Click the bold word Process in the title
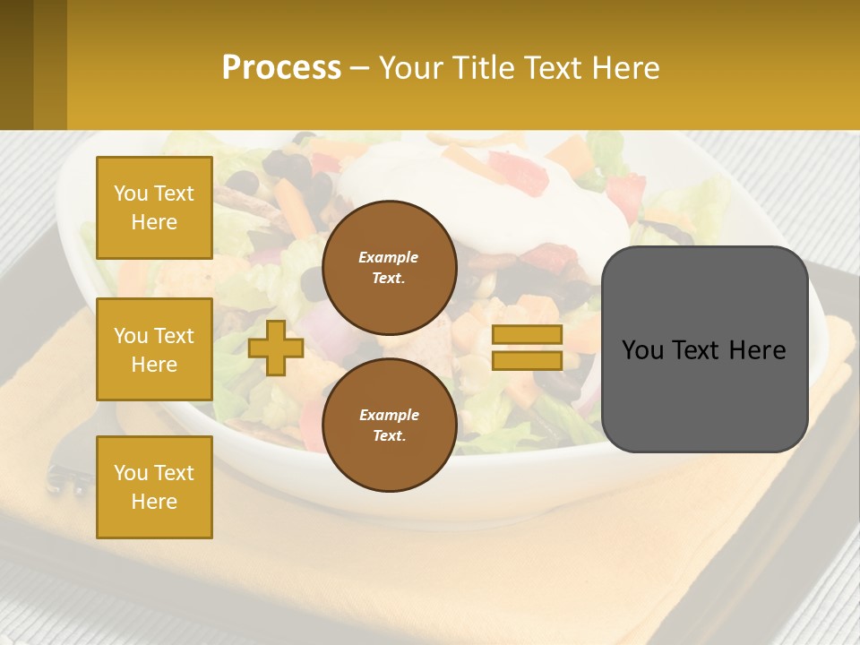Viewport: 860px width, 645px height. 281,68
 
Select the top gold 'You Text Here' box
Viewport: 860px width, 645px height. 154,208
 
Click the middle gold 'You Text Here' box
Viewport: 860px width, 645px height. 154,349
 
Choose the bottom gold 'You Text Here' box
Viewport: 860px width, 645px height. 154,486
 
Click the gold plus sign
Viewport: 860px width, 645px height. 275,348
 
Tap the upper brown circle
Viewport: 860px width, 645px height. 389,267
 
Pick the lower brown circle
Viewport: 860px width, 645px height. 389,425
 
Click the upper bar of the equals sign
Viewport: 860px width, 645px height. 527,335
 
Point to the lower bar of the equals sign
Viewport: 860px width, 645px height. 527,360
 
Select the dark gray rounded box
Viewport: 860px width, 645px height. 704,394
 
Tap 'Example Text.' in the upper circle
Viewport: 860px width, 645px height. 389,267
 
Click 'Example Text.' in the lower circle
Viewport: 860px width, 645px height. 389,425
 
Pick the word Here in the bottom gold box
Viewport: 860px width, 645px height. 154,502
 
